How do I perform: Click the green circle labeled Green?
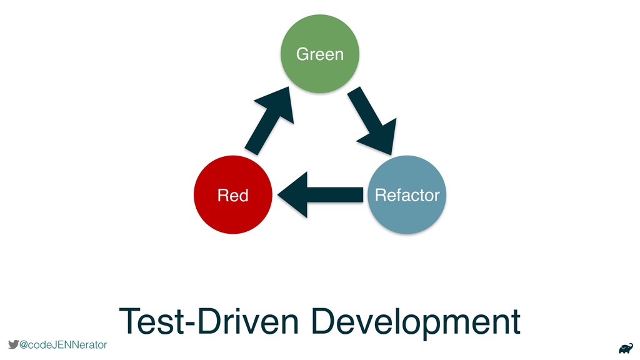click(x=319, y=54)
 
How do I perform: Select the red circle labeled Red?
click(x=232, y=195)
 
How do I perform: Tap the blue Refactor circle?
click(x=407, y=195)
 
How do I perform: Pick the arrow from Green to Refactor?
click(x=371, y=120)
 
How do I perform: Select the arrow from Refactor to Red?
click(x=320, y=195)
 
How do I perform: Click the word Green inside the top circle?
click(x=319, y=54)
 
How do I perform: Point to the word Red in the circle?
click(x=232, y=195)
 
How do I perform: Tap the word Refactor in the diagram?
click(x=407, y=195)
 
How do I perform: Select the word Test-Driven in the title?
click(x=209, y=321)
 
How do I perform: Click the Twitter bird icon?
click(x=14, y=344)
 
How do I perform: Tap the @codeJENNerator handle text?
click(x=63, y=345)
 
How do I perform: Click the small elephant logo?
click(x=626, y=349)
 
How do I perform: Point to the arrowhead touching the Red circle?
click(x=292, y=195)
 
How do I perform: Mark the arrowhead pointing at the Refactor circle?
click(x=379, y=137)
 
